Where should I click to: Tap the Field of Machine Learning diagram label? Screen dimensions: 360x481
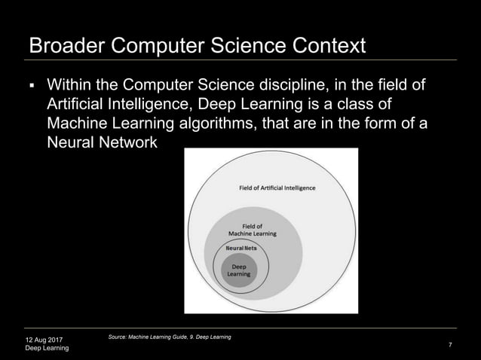tap(253, 229)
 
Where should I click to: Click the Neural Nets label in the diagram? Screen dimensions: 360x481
tap(239, 247)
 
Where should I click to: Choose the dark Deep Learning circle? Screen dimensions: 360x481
tap(239, 271)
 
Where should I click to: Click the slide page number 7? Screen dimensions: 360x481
tap(449, 344)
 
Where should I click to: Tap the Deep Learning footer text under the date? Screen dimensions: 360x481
tap(47, 349)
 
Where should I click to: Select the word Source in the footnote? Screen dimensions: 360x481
tap(121, 336)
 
